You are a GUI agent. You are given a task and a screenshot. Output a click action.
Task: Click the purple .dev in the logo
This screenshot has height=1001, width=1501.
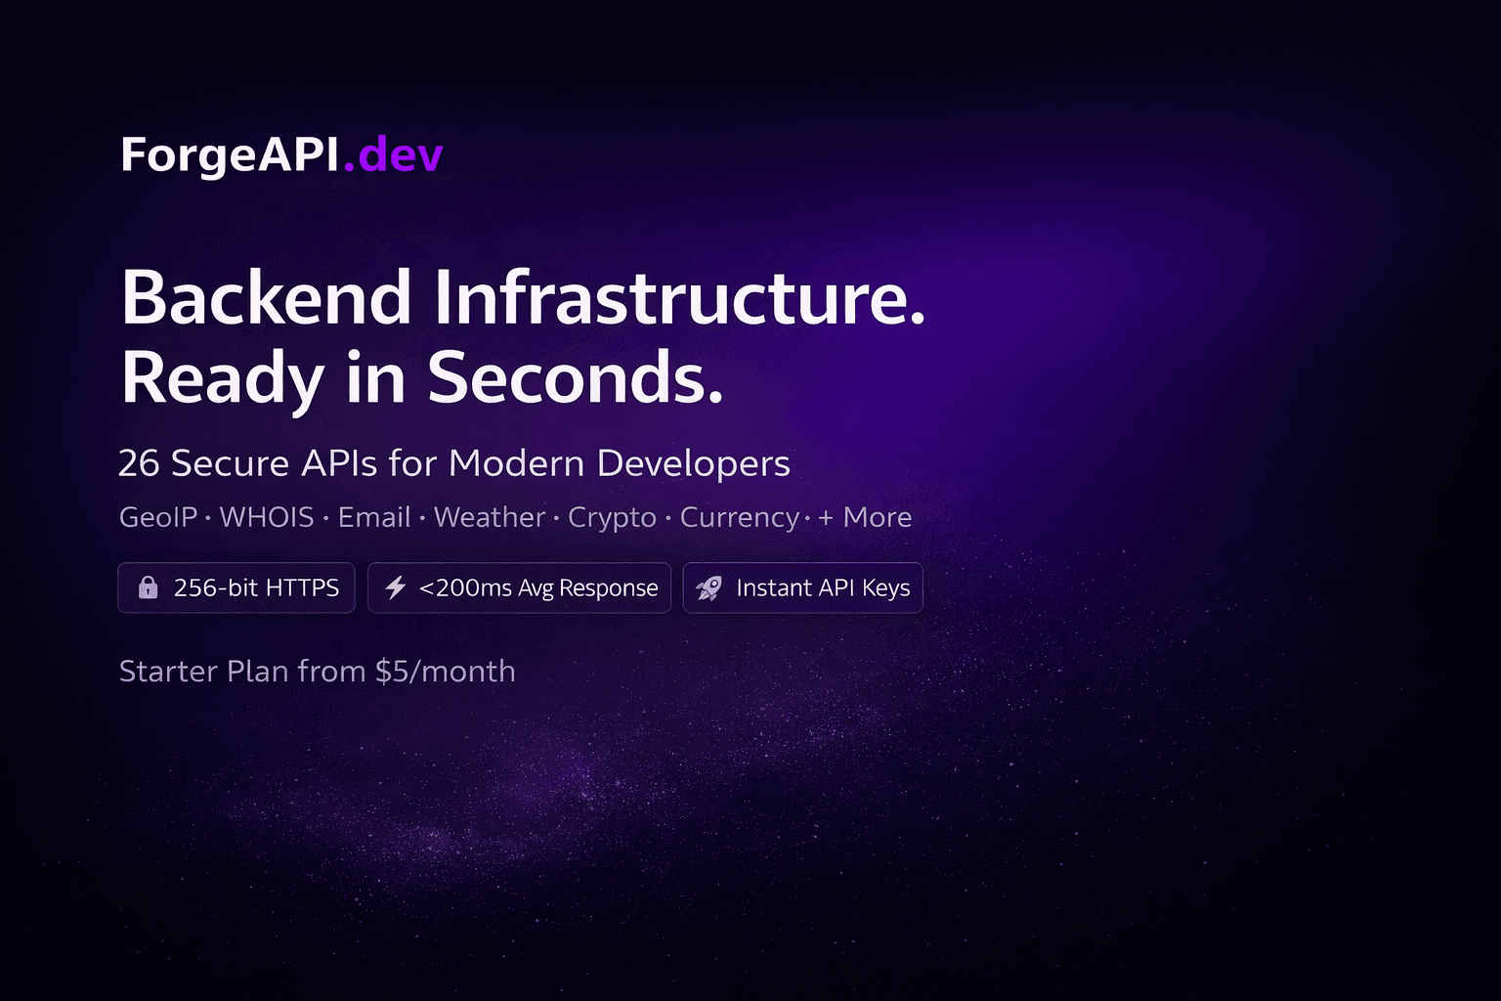point(393,154)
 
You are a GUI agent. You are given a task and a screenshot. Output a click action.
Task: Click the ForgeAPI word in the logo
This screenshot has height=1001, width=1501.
point(230,154)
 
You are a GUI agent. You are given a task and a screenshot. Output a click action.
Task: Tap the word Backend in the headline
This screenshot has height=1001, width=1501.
point(266,298)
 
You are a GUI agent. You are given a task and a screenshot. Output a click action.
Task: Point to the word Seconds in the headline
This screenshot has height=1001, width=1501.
point(575,378)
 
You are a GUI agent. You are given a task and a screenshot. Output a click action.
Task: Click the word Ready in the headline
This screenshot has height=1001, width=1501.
point(222,378)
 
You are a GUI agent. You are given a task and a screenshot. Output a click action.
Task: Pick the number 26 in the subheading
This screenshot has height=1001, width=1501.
point(138,463)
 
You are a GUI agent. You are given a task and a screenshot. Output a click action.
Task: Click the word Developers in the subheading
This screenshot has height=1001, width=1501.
point(693,463)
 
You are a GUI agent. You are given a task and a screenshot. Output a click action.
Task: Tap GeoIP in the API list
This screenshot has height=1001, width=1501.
point(158,517)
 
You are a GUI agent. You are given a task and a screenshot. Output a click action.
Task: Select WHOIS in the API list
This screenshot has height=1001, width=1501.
point(267,517)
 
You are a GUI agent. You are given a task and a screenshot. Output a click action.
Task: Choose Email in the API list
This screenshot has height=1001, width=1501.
point(373,517)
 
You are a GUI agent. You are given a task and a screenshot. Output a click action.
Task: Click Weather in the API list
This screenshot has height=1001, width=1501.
point(489,517)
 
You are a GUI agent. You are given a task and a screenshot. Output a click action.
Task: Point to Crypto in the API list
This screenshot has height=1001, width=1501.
point(612,517)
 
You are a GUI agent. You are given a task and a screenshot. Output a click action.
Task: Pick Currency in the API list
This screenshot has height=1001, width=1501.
point(739,517)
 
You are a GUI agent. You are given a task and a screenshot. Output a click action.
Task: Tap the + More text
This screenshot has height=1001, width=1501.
point(865,517)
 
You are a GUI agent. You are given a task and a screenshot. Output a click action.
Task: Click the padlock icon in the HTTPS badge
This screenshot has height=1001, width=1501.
point(148,588)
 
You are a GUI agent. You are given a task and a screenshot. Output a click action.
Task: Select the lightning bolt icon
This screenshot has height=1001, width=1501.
point(396,588)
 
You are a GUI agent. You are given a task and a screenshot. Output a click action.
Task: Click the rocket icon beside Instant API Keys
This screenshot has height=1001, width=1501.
point(709,588)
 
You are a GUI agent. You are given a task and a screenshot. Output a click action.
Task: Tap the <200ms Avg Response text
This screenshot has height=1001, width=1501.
point(538,588)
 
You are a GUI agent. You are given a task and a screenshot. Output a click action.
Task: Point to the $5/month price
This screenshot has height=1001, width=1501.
point(445,672)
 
